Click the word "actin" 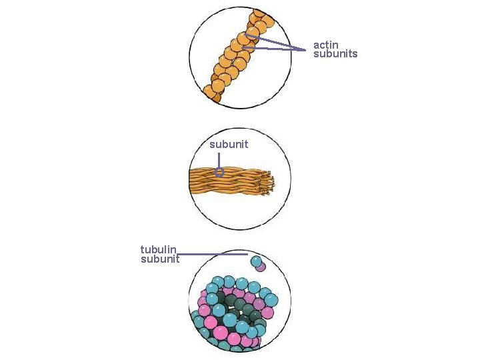(x=326, y=45)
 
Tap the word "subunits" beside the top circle (x=335, y=54)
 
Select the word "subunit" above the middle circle (x=228, y=144)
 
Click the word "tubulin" (x=158, y=249)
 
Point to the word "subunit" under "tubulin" (x=160, y=259)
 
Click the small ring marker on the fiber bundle (x=219, y=171)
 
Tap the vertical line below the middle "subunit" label (x=219, y=160)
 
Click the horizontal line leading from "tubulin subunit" (x=213, y=254)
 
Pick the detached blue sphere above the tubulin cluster (x=256, y=260)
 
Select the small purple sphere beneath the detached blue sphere (x=261, y=267)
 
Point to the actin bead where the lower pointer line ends (x=243, y=48)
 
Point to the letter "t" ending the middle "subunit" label (x=246, y=144)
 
